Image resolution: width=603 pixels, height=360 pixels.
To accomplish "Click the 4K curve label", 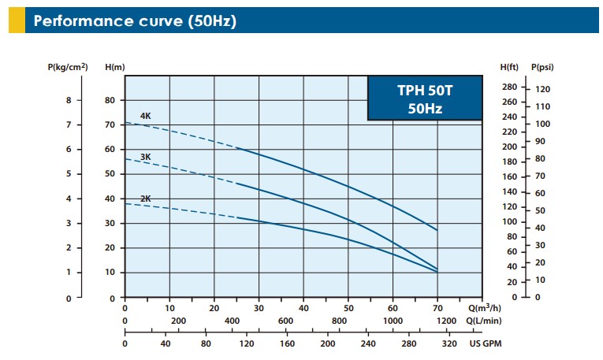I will coord(145,117).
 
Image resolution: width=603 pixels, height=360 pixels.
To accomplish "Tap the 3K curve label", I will coord(145,157).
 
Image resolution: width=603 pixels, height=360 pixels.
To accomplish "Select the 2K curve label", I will coord(145,199).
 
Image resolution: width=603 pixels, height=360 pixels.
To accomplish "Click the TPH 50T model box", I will coord(425,98).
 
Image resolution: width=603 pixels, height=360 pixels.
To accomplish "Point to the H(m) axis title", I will coord(115,67).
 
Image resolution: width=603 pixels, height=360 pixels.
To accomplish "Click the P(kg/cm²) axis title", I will coord(68,67).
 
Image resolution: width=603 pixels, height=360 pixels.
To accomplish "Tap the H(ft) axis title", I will coord(509,67).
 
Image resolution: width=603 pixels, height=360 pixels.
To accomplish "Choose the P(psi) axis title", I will coord(542,67).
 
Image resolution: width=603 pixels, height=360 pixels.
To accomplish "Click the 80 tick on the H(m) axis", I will coord(110,101).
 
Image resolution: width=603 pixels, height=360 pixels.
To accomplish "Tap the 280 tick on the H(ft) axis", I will coord(508,87).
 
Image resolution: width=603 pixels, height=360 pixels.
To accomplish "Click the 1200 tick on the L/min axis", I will coord(446,321).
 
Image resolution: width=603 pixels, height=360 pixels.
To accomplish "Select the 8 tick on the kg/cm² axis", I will coord(68,101).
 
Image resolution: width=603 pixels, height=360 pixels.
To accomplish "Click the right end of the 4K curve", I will coord(437,230).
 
